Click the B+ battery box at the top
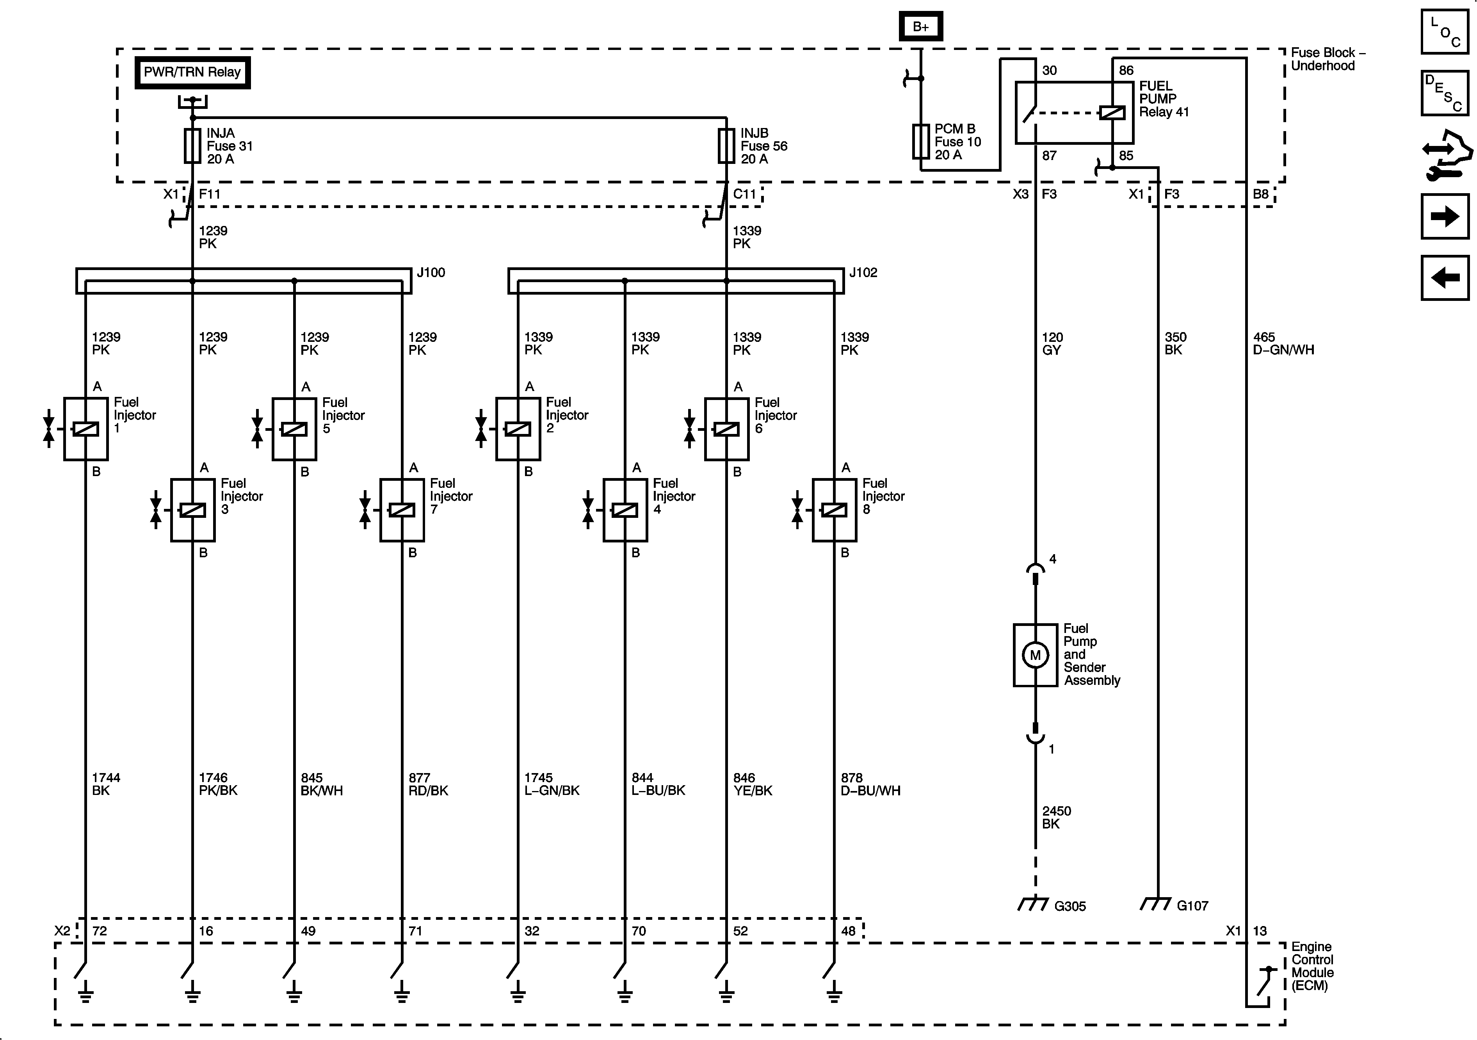click(920, 27)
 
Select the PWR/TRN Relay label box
click(192, 73)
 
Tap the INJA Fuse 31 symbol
click(192, 146)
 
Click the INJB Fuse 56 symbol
click(726, 146)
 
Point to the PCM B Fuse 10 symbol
click(921, 142)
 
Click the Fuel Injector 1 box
click(85, 429)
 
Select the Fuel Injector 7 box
click(402, 510)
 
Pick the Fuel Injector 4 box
click(625, 510)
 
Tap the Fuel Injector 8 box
click(835, 510)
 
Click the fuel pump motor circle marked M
click(1035, 655)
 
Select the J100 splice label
click(431, 273)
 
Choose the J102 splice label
click(863, 273)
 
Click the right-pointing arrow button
click(1445, 216)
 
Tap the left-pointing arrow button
click(1445, 278)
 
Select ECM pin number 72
click(100, 931)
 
